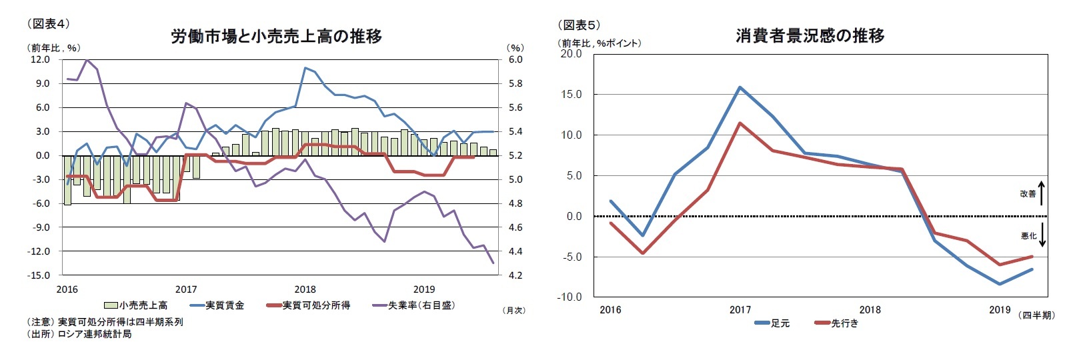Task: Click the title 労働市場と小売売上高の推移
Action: [276, 36]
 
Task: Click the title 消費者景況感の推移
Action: [810, 35]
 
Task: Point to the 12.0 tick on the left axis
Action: [40, 59]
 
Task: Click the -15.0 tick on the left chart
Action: [39, 275]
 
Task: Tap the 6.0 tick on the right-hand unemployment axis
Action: [515, 59]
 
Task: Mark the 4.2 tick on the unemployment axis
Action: [515, 275]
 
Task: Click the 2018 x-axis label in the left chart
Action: [305, 289]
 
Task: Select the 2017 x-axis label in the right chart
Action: [740, 310]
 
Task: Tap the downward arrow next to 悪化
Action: [1042, 235]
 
